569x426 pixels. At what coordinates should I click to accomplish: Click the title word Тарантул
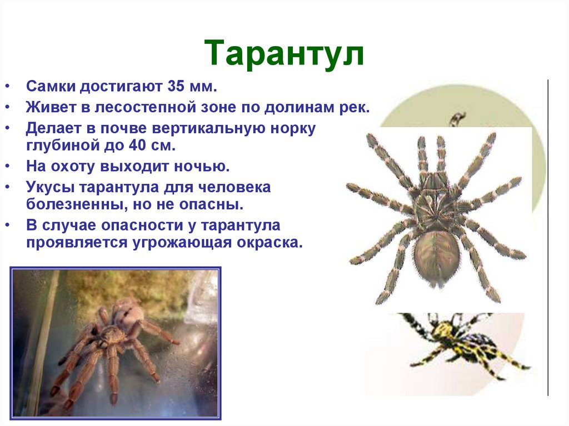coord(284,54)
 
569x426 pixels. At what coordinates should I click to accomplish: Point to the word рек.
coord(353,108)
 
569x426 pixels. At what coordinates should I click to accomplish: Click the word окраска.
coord(274,243)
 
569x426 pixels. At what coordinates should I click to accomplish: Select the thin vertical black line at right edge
coord(548,239)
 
